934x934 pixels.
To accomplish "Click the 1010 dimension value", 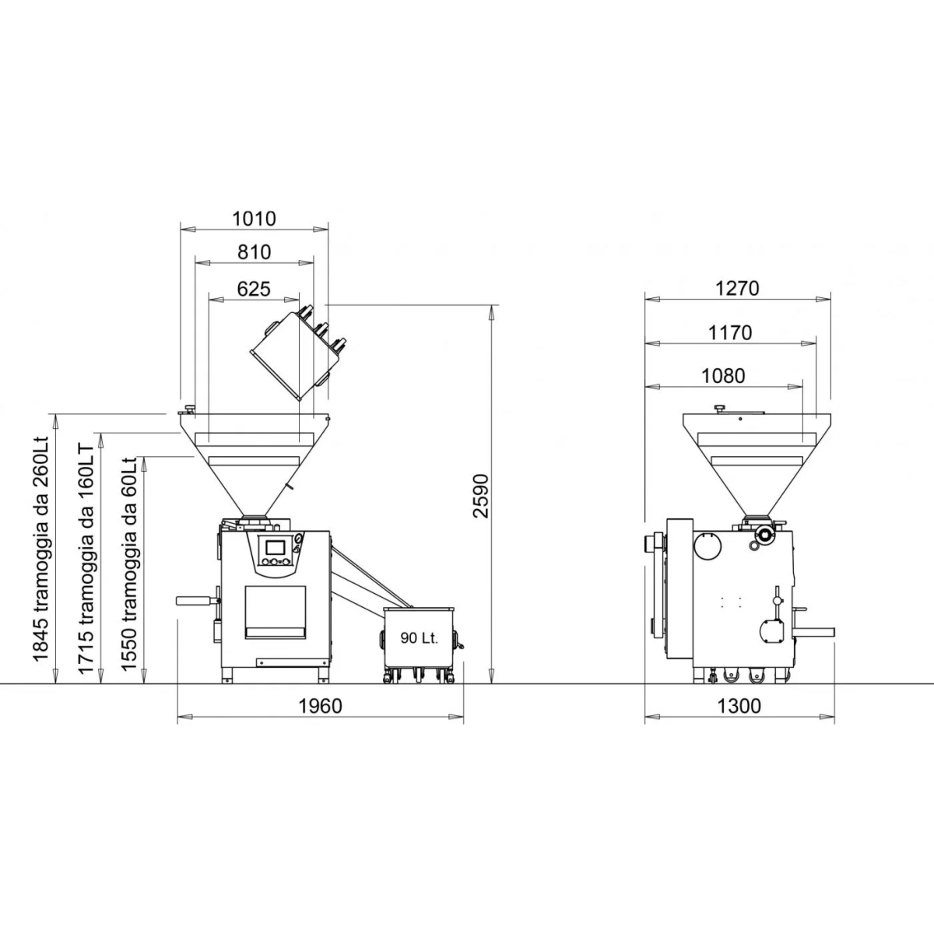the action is coord(254,219).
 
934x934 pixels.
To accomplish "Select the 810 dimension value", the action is coord(254,252).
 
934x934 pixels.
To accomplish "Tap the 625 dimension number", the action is coord(254,290).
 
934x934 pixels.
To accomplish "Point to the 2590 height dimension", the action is coord(482,497).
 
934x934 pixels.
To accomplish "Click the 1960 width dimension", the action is coord(320,707).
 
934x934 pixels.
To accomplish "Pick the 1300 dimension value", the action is coord(739,707).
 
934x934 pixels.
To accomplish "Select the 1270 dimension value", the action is coord(737,289).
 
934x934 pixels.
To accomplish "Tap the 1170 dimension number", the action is coord(730,333).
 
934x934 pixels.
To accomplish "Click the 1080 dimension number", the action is coord(723,376).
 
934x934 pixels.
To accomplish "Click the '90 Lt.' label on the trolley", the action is coord(420,638).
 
